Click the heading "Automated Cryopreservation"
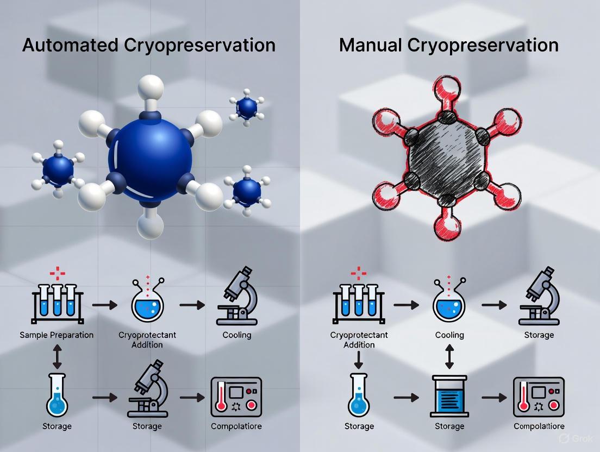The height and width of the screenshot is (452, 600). [x=148, y=45]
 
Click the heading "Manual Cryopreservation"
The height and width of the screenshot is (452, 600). [x=448, y=45]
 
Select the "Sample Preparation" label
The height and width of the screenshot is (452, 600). [x=57, y=335]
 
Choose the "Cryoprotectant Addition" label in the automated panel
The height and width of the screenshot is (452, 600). [x=147, y=340]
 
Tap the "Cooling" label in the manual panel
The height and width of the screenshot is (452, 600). [x=449, y=335]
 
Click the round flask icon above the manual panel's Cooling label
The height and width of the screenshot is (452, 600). [x=449, y=303]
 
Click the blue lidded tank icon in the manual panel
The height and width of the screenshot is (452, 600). [x=449, y=396]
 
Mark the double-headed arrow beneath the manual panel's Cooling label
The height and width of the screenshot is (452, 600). [x=449, y=357]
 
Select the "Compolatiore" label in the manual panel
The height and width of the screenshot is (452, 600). [x=539, y=426]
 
